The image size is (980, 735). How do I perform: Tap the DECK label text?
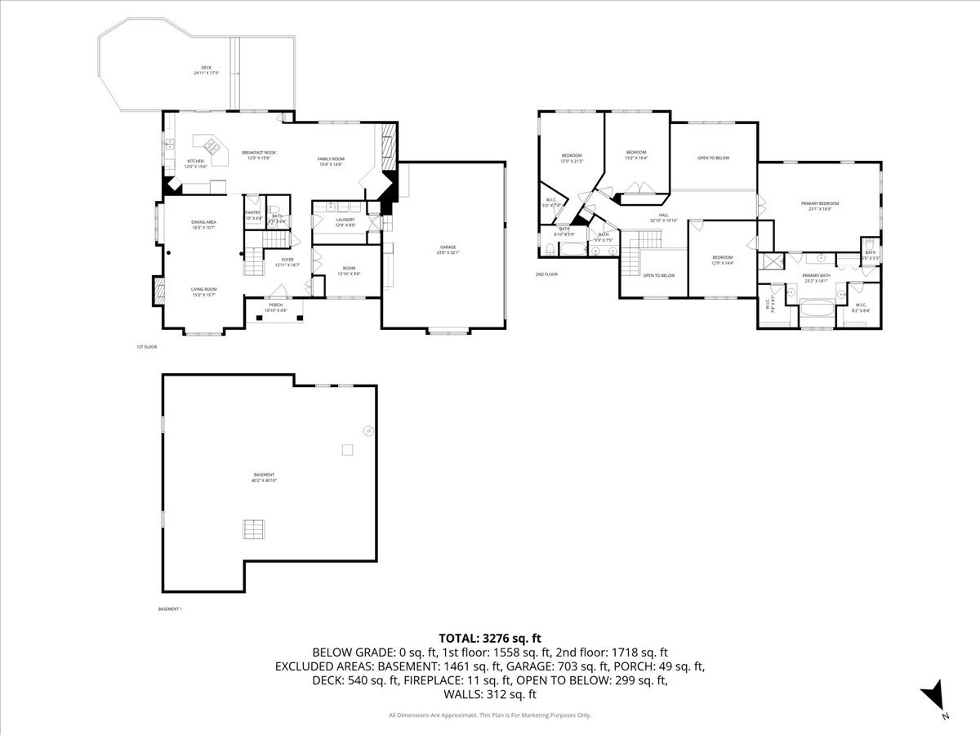(206, 68)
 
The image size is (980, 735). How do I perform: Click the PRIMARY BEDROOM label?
(819, 203)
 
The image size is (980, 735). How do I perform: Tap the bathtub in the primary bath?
(816, 309)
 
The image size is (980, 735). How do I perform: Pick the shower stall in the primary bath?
(769, 261)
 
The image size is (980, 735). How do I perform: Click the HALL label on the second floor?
(663, 216)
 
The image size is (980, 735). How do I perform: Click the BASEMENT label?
(263, 474)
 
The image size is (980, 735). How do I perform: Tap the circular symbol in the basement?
(368, 430)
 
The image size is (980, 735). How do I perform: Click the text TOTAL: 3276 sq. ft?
(490, 638)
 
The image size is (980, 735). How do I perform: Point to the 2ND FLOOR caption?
(546, 274)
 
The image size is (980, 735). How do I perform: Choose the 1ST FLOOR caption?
(146, 347)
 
